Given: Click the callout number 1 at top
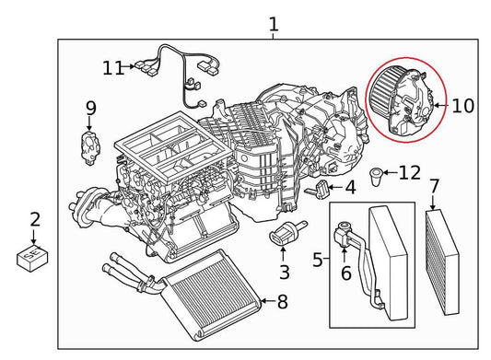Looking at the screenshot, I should [x=273, y=23].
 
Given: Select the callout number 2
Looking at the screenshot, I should [x=35, y=220].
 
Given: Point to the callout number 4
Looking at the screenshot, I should [x=350, y=190].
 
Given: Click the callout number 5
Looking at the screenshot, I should [x=318, y=261].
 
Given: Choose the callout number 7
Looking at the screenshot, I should [x=434, y=187].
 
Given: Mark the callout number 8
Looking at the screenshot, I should [x=282, y=300].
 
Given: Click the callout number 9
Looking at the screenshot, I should [x=90, y=110].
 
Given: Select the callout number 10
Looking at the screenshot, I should [x=462, y=106].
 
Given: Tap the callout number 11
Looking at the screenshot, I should [x=112, y=67].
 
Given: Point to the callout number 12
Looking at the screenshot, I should [x=410, y=172].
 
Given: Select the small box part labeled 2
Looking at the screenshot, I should [x=34, y=255].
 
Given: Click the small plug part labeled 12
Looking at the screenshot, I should [x=378, y=175].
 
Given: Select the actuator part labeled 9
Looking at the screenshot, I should [x=90, y=146].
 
